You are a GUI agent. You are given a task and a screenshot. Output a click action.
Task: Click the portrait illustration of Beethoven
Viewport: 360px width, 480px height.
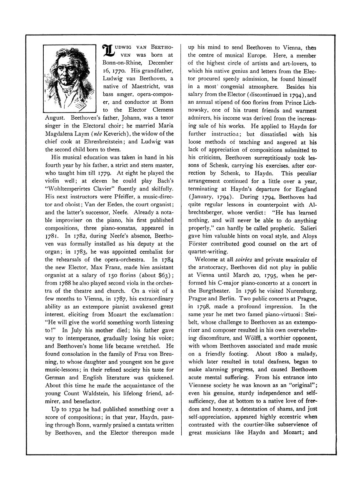70,77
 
